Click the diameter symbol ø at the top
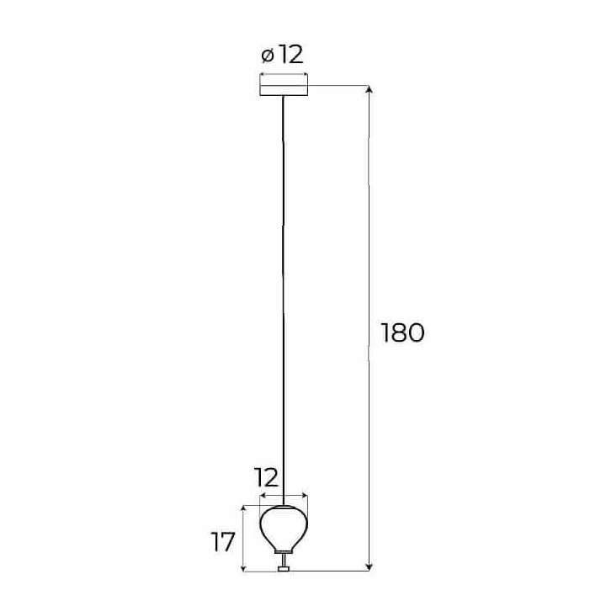coord(268,56)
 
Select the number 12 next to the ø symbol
coord(290,55)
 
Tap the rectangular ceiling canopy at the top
coord(284,86)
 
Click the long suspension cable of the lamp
coord(284,300)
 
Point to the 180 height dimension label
coord(402,332)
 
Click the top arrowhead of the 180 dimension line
coord(369,90)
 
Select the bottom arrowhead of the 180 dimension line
coord(369,566)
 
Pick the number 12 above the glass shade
coord(266,477)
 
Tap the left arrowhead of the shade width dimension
coord(263,496)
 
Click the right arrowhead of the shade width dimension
coord(305,496)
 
